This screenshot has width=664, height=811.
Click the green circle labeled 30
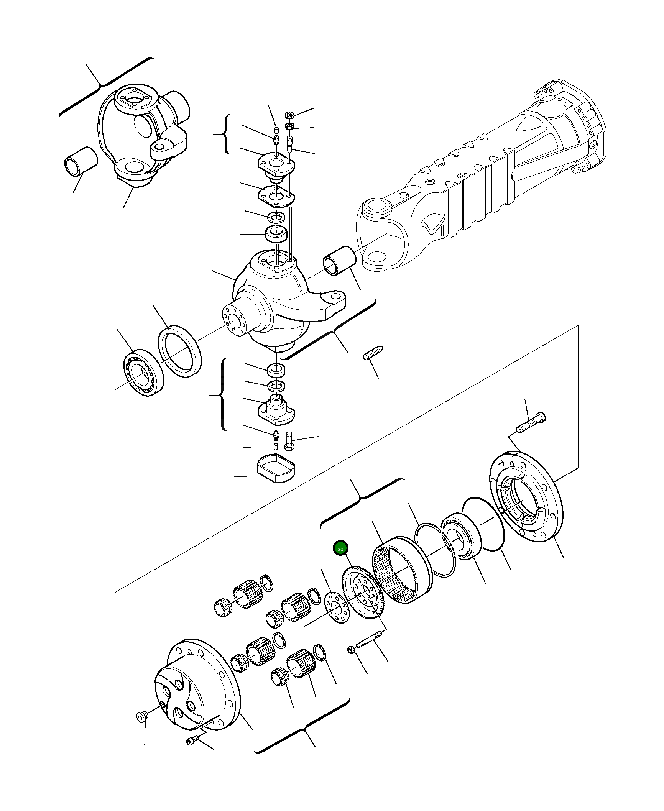(340, 549)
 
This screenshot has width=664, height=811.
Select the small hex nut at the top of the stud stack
(290, 115)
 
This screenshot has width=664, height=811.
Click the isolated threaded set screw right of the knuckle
(373, 353)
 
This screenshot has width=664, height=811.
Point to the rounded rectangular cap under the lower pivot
(276, 468)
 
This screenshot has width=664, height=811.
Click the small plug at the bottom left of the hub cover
(142, 716)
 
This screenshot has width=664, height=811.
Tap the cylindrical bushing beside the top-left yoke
(81, 160)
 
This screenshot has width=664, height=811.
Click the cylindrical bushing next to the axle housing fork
(339, 261)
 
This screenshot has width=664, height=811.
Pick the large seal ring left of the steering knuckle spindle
(180, 351)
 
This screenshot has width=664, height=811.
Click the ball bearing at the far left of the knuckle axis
(143, 373)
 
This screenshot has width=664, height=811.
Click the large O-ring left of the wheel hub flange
(483, 524)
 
